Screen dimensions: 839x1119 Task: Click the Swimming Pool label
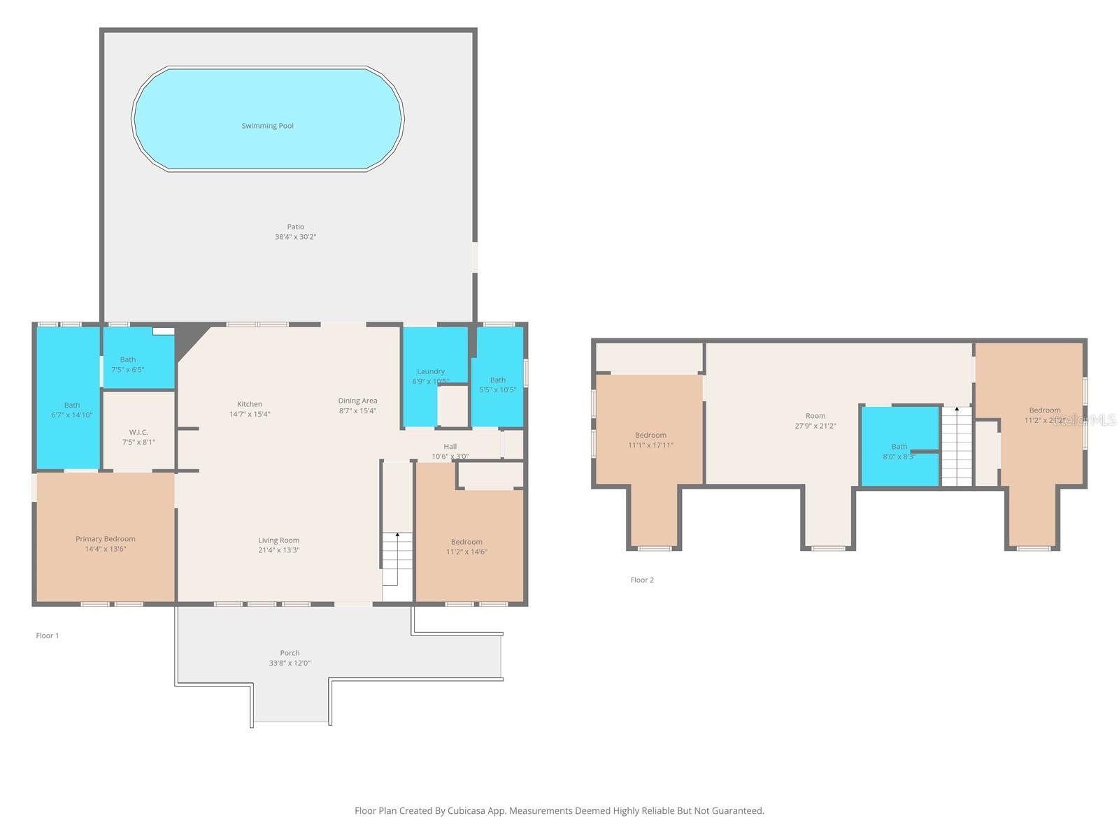(x=267, y=126)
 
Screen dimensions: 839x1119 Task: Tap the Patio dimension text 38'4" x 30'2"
(x=295, y=237)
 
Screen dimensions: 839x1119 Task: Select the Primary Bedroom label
(x=106, y=539)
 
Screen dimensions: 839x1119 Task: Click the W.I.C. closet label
(x=138, y=432)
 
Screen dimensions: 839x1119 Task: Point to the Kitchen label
(x=250, y=404)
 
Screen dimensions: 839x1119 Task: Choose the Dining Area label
(x=357, y=401)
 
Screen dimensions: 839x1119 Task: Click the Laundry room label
(x=431, y=371)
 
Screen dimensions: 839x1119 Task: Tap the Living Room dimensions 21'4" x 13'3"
(x=278, y=550)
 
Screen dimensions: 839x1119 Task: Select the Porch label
(x=290, y=653)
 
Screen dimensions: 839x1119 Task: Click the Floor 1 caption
(x=48, y=636)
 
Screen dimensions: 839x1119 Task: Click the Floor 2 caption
(x=642, y=580)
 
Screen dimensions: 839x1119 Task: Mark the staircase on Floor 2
(x=956, y=447)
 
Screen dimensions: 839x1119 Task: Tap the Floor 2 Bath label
(x=899, y=446)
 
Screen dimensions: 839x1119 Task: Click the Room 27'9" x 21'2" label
(x=815, y=416)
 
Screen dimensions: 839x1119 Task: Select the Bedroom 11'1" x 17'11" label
(x=650, y=435)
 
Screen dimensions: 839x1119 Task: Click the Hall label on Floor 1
(x=450, y=446)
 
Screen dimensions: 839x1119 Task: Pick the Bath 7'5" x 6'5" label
(x=128, y=359)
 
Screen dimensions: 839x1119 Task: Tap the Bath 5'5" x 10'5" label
(x=497, y=380)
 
